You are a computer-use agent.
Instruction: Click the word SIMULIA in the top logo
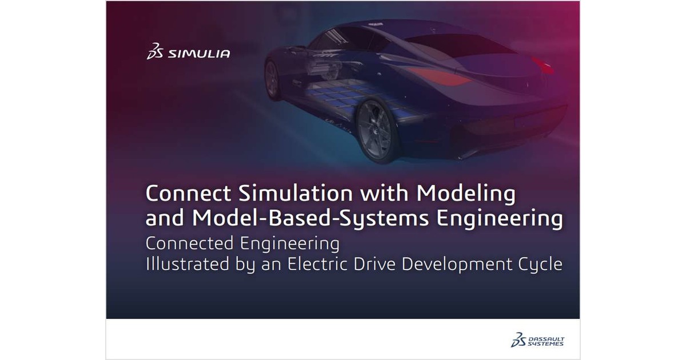199,54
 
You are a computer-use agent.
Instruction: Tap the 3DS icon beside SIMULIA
155,52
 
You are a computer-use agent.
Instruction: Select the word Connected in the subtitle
187,243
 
